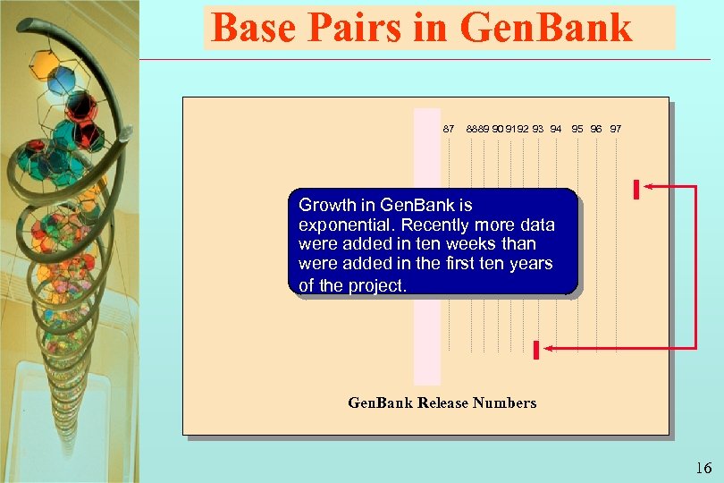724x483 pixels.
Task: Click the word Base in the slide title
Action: tap(254, 29)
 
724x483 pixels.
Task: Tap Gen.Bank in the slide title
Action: tap(544, 29)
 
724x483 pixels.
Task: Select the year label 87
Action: tap(449, 129)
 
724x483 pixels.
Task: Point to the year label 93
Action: tap(538, 129)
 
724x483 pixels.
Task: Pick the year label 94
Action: tap(556, 129)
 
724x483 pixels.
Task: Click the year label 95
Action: tap(578, 129)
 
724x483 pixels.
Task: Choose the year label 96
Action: tap(596, 129)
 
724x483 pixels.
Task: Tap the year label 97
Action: tap(616, 129)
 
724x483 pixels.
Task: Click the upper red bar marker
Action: tap(635, 190)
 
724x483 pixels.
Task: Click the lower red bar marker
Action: tap(535, 350)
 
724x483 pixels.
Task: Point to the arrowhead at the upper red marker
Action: tap(648, 186)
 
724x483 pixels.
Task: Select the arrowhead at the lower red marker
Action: tap(549, 347)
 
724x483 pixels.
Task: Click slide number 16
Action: tap(703, 468)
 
